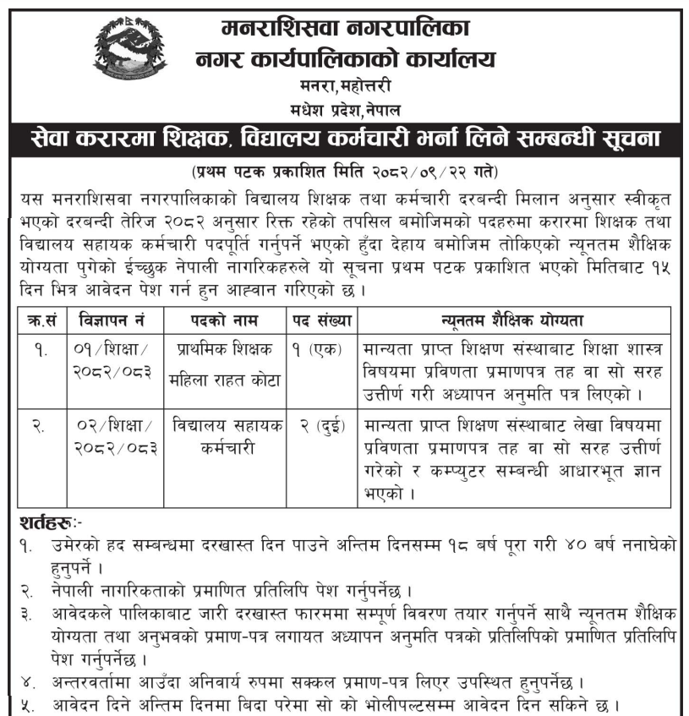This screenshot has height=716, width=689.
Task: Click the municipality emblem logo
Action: [x=132, y=52]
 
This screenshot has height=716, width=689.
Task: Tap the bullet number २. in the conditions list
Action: [x=27, y=589]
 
